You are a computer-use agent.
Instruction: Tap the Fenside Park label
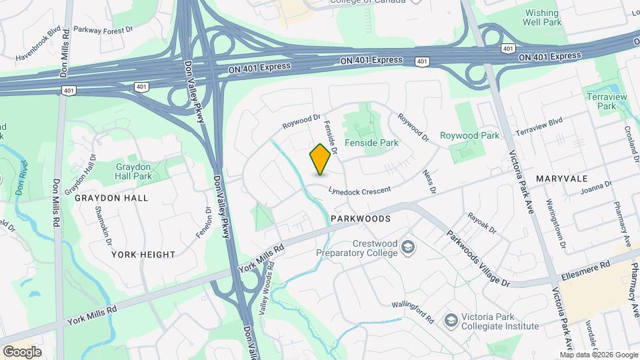click(371, 143)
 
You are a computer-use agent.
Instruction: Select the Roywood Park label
click(469, 135)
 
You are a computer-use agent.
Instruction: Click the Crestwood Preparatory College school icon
click(407, 249)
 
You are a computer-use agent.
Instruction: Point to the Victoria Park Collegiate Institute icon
click(451, 321)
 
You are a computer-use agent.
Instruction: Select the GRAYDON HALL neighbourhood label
click(111, 198)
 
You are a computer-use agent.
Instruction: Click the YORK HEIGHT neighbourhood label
click(143, 254)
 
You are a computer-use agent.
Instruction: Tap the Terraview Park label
click(606, 101)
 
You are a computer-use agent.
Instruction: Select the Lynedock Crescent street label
click(359, 191)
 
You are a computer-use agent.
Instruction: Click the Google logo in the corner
click(22, 351)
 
